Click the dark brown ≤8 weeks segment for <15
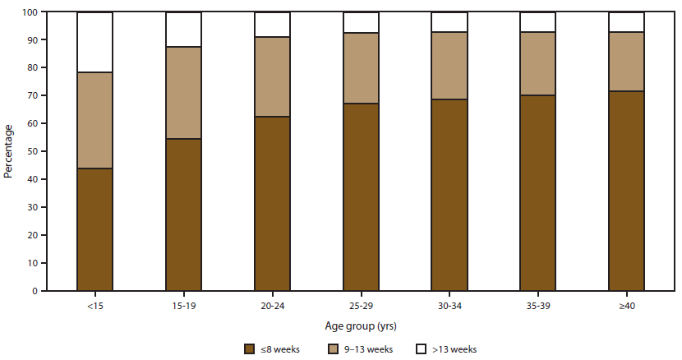[x=94, y=229]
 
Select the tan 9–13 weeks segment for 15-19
[x=183, y=93]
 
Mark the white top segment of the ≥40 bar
[x=626, y=22]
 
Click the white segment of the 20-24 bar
[x=272, y=25]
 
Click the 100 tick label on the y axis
[x=30, y=12]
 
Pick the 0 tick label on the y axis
[x=35, y=291]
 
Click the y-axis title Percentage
[x=9, y=151]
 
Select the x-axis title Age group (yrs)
[x=361, y=325]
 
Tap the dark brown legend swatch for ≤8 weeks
[x=248, y=348]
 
